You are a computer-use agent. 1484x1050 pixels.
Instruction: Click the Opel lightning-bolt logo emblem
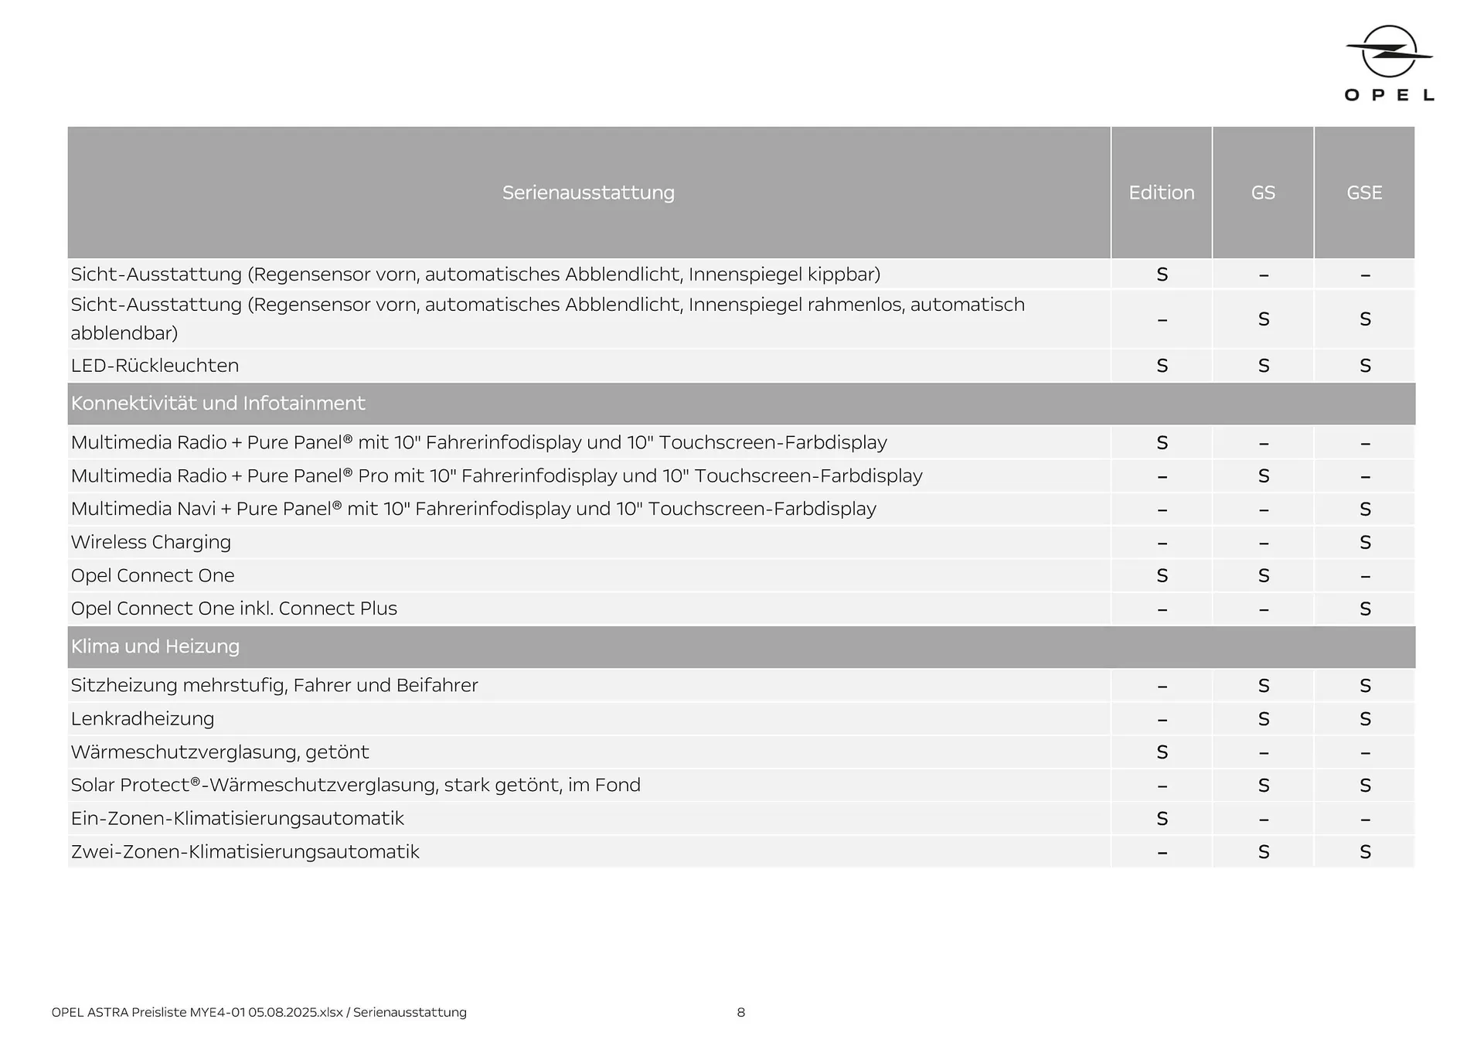click(1389, 52)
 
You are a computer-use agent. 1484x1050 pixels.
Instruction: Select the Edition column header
click(1161, 193)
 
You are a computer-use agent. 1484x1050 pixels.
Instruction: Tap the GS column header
click(1263, 193)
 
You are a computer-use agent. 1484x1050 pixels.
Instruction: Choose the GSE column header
click(1364, 193)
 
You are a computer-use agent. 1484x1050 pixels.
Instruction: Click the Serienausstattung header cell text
click(588, 193)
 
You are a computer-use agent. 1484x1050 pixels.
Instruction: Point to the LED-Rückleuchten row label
click(155, 366)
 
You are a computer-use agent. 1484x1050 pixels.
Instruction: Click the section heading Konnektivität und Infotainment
click(218, 404)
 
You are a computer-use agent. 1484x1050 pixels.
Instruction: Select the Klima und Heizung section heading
click(155, 646)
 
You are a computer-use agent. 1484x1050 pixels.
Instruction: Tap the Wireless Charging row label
click(151, 542)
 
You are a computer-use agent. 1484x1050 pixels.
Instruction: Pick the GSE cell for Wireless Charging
click(1365, 543)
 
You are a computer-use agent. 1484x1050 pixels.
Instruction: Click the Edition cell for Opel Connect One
click(1162, 576)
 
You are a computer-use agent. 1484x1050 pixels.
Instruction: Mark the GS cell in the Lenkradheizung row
click(1264, 719)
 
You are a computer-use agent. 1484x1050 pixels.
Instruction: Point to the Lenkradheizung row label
click(142, 719)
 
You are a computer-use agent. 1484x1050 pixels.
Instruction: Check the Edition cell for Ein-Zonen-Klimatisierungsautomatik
click(1162, 819)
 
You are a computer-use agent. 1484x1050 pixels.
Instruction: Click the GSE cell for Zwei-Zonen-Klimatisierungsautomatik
click(1365, 852)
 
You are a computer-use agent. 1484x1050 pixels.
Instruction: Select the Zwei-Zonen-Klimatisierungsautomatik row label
click(245, 852)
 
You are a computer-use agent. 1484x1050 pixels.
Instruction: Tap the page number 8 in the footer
click(740, 1012)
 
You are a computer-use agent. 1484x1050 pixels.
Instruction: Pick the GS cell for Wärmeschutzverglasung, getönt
click(1264, 752)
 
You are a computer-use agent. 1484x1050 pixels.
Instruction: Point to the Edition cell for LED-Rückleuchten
click(1162, 366)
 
